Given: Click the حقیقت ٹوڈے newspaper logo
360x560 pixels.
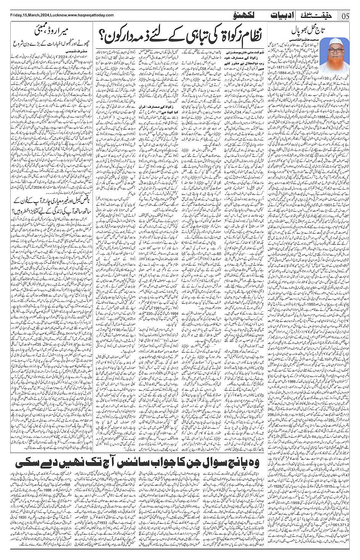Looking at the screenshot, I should point(320,15).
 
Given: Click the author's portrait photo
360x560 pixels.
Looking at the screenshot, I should point(334,55).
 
